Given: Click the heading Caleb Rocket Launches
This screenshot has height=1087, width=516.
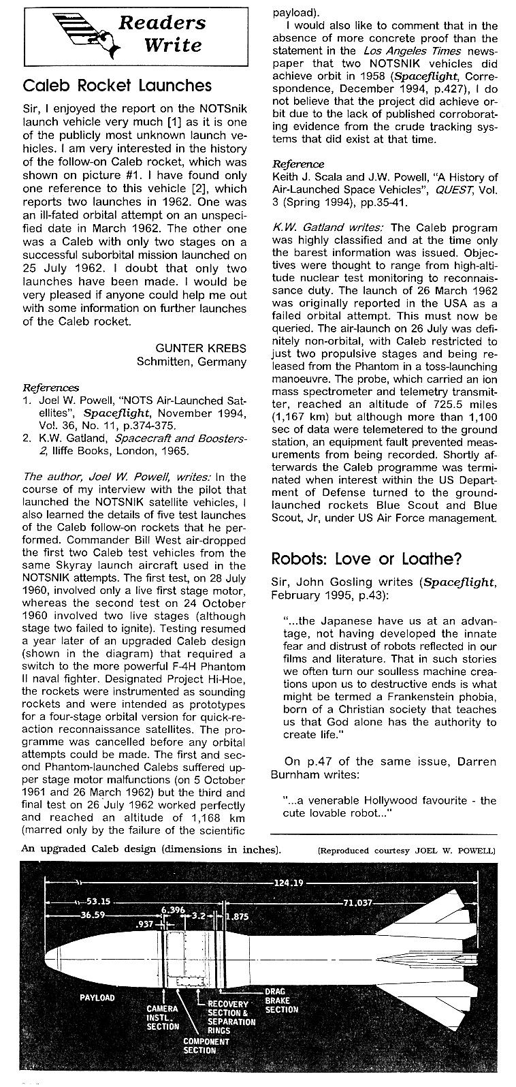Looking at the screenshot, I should pos(117,86).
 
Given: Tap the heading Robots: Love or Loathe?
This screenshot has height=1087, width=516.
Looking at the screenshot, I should pos(367,558).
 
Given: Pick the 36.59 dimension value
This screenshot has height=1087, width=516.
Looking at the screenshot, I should pos(92,915).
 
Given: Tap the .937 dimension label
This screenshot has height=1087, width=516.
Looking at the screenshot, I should pos(144,924).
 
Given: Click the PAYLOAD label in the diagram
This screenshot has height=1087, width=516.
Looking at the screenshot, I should pos(97,998).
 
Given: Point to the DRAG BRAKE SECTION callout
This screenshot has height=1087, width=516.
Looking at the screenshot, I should pos(281,1000).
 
